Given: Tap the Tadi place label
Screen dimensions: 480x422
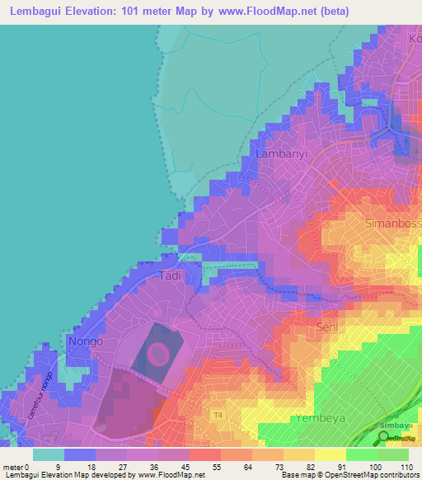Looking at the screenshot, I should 170,275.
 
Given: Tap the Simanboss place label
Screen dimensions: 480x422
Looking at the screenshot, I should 392,223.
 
